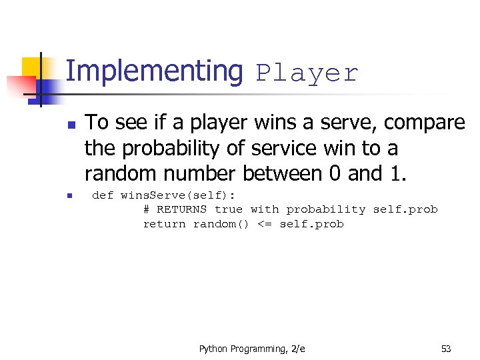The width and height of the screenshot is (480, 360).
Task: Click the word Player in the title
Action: coord(307,73)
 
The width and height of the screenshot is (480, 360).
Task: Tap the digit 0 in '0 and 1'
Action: coord(337,173)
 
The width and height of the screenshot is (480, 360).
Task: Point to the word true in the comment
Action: coord(229,209)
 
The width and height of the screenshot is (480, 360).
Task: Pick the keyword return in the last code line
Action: coord(164,224)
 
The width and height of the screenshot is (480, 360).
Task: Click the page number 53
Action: coord(446,349)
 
